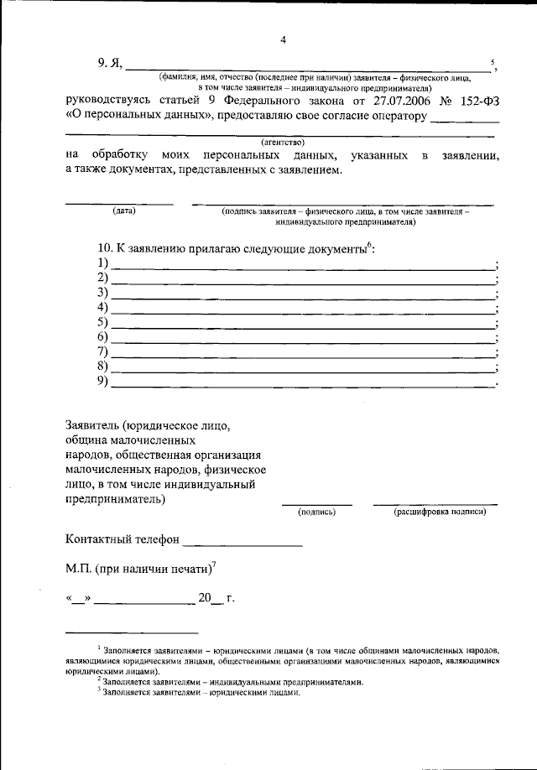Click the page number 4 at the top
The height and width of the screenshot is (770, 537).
(283, 39)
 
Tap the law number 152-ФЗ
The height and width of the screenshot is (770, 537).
(479, 101)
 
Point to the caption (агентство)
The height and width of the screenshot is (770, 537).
(283, 142)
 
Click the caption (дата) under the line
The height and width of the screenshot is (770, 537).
(124, 211)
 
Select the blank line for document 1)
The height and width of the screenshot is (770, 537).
(302, 266)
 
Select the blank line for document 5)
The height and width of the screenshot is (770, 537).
(302, 325)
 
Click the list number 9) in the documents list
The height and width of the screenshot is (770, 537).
(104, 382)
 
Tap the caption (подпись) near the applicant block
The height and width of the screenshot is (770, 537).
(316, 511)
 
